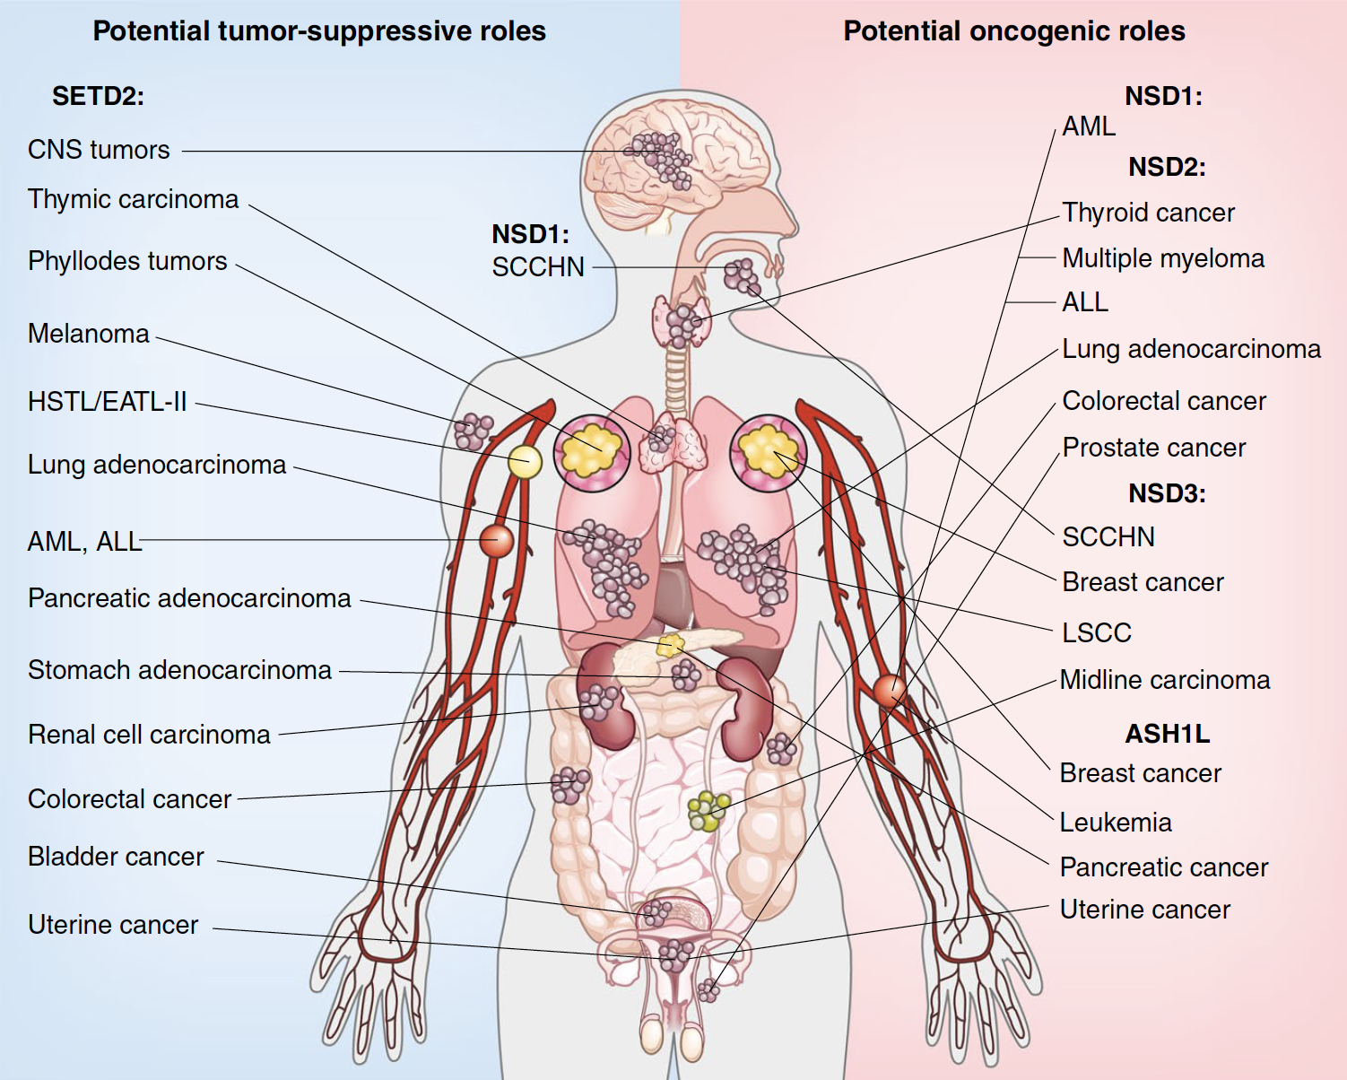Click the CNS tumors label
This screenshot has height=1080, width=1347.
99,150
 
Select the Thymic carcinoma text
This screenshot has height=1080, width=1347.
133,199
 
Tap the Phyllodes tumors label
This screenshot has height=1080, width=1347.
127,261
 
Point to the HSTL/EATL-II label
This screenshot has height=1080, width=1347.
107,402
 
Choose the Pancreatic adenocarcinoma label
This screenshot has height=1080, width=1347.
189,598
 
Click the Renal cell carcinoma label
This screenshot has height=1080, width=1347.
149,735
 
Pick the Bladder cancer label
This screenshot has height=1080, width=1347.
116,857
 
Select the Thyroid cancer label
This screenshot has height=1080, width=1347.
1148,213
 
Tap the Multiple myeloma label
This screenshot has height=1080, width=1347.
1163,258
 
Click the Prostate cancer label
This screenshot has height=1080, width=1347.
1153,448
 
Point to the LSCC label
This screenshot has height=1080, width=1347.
1096,633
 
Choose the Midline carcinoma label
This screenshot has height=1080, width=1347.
1164,680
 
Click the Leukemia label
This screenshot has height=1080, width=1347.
1116,823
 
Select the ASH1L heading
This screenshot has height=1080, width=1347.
1167,734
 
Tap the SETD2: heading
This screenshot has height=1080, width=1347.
98,96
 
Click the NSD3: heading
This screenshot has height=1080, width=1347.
1167,493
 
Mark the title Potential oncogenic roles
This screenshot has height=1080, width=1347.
1013,31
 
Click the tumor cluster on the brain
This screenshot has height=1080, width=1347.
662,158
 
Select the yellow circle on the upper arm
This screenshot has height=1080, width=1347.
525,462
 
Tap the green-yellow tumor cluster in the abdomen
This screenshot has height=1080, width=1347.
708,811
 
